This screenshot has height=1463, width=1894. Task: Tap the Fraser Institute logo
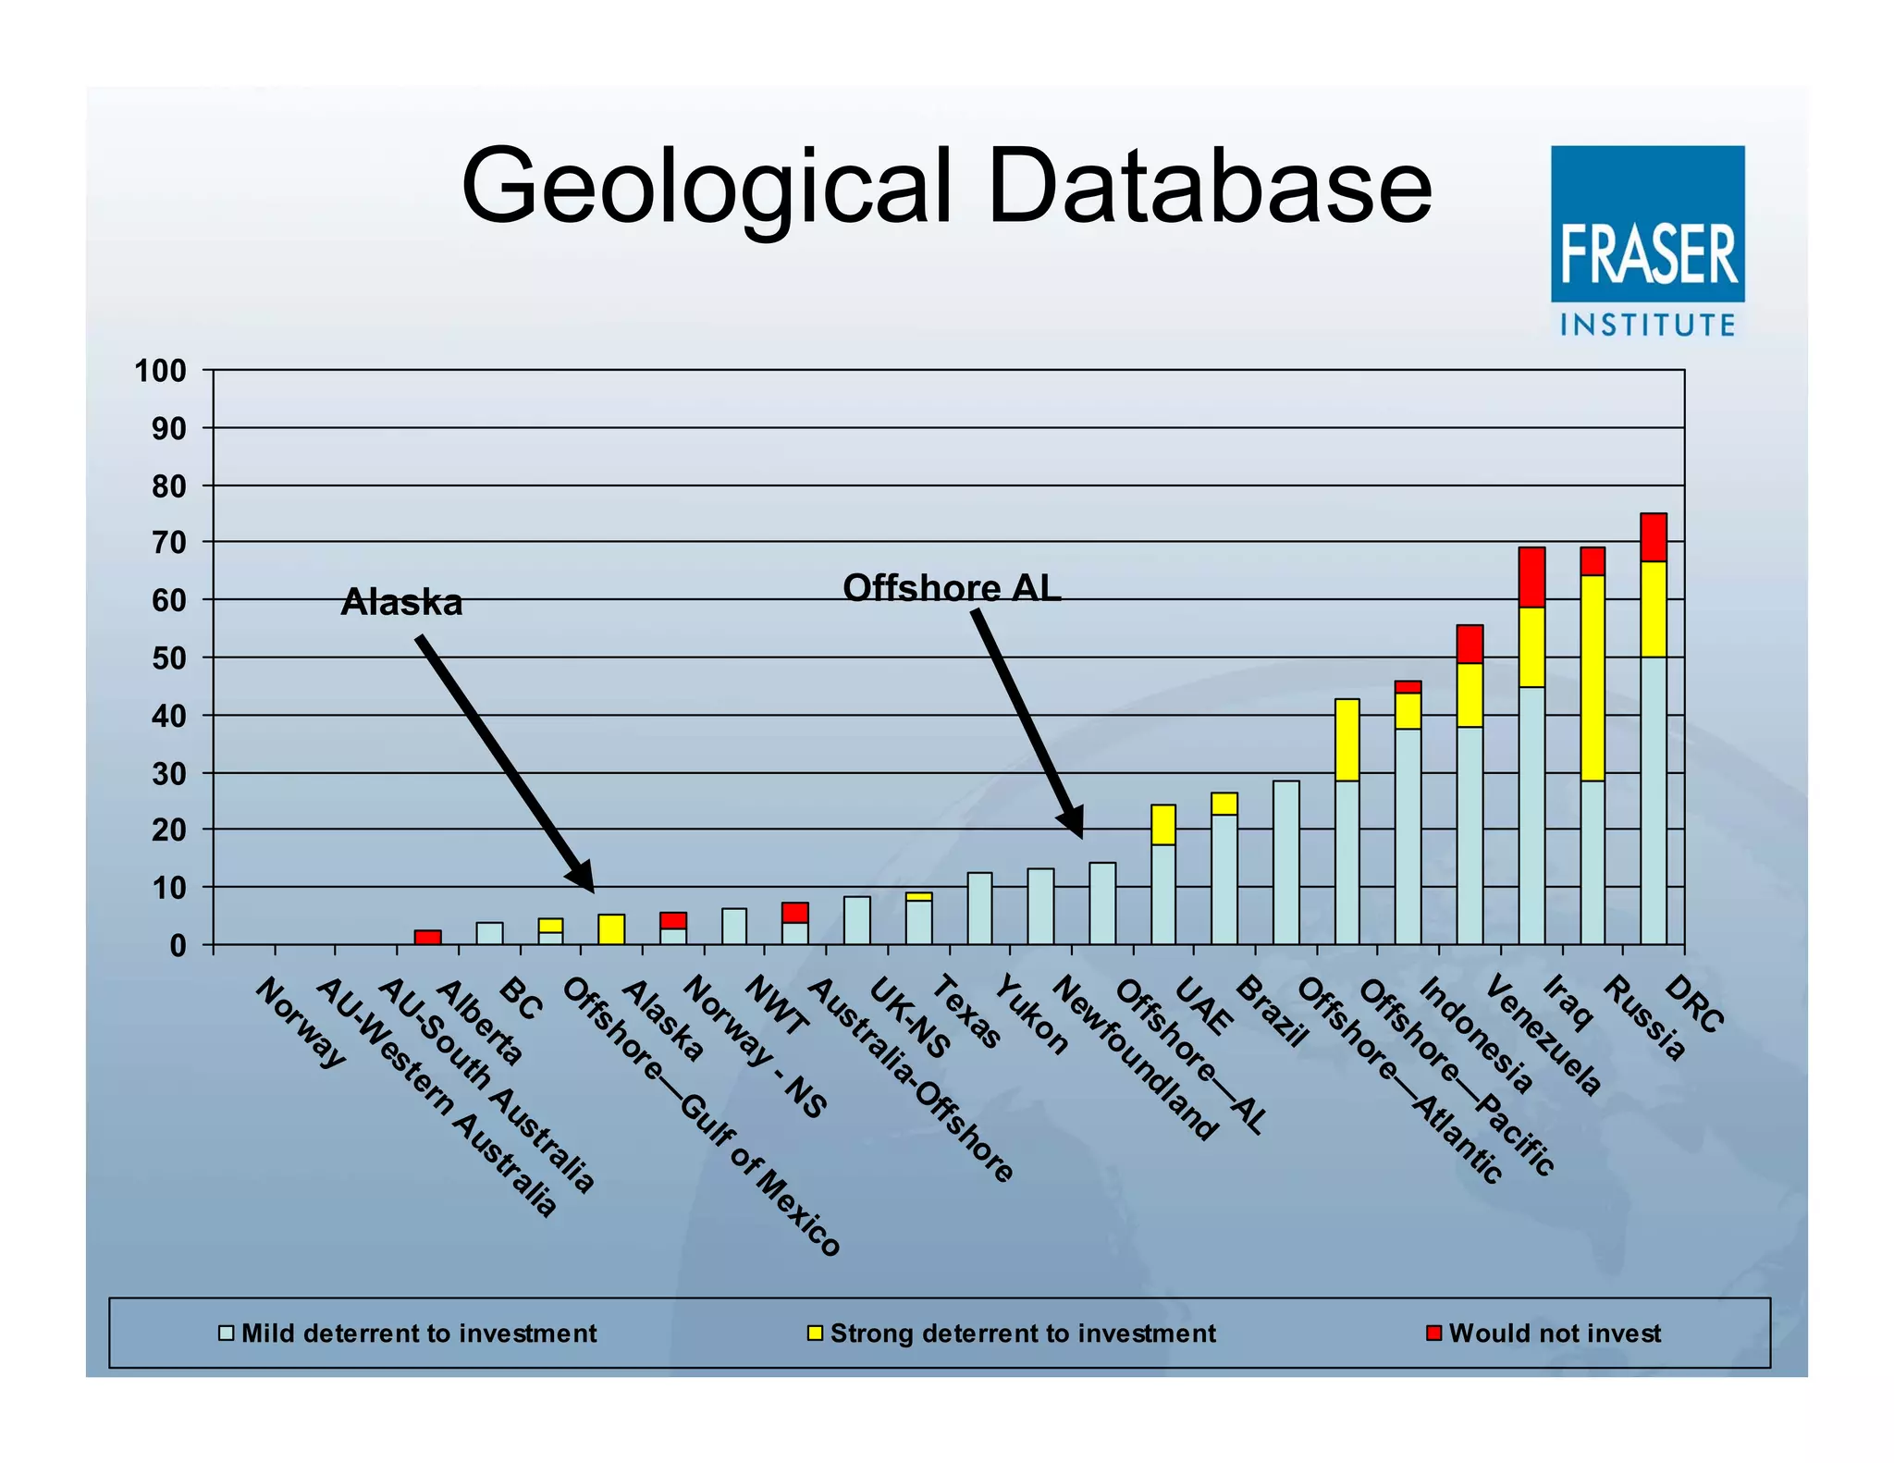[x=1647, y=240]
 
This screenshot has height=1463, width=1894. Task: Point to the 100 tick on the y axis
[x=161, y=372]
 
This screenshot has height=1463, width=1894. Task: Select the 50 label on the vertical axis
[x=168, y=658]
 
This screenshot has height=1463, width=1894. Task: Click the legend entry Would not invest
[x=1554, y=1333]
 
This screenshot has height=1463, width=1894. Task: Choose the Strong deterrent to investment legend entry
[x=1021, y=1333]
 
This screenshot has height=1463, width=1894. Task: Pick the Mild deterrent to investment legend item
[x=418, y=1333]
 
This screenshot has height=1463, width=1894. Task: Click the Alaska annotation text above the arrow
[x=401, y=603]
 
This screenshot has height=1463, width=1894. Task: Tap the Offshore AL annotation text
[x=952, y=588]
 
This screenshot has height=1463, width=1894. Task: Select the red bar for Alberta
[x=427, y=937]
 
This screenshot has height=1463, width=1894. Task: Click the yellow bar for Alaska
[x=611, y=928]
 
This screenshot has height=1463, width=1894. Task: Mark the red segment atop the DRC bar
[x=1654, y=537]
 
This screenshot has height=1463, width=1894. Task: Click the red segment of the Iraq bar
[x=1531, y=577]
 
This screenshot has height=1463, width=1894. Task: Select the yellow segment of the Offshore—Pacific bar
[x=1347, y=740]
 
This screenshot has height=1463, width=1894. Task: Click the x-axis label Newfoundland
[x=1135, y=1059]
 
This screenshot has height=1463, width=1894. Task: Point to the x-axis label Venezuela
[x=1543, y=1036]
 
